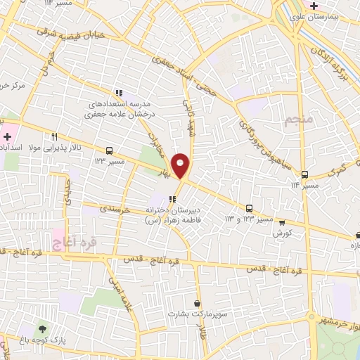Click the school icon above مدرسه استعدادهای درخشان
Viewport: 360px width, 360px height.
pyautogui.click(x=119, y=92)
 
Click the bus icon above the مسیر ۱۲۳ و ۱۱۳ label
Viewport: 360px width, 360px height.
pyautogui.click(x=249, y=207)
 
